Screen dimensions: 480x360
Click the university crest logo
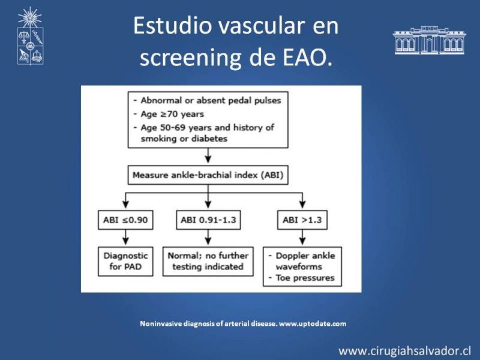click(30, 36)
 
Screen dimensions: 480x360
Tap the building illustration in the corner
click(429, 40)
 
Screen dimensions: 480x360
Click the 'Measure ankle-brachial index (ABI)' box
click(208, 175)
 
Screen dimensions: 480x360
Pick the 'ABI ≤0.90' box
click(125, 220)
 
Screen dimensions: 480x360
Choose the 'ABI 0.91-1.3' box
click(208, 220)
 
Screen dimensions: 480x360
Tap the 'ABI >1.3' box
click(302, 220)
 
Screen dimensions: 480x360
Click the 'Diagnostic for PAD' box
click(125, 262)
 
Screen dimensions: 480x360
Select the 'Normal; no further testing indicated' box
click(208, 262)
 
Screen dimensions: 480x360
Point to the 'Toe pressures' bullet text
click(305, 278)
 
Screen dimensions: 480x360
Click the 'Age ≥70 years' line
click(172, 114)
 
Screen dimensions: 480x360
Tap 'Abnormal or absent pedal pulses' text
click(211, 100)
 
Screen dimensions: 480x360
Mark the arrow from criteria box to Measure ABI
click(208, 155)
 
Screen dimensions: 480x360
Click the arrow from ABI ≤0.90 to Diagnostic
click(125, 237)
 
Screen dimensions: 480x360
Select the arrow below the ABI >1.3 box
click(302, 237)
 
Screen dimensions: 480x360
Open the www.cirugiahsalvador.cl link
click(404, 351)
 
